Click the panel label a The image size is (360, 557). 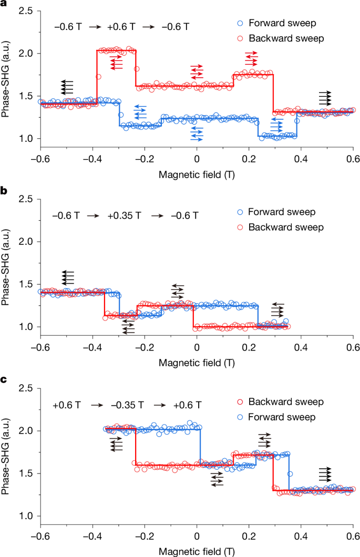(4, 4)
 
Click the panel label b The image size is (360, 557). (4, 192)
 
